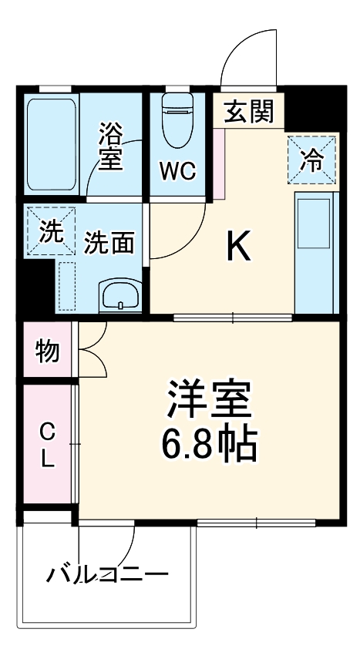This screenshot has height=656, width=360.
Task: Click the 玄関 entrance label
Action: point(249,113)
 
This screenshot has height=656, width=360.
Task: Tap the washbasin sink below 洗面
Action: point(119,295)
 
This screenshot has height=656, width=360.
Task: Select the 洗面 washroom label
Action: point(109,243)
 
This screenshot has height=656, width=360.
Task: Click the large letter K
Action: point(237,247)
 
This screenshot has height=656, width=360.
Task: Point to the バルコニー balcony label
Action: point(106,574)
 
